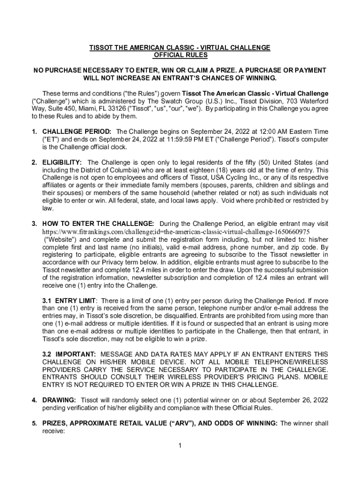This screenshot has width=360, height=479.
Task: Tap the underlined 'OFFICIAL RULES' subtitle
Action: point(180,55)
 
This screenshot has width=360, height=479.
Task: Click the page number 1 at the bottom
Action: point(180,445)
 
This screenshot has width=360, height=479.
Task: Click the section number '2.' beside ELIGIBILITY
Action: point(35,163)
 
